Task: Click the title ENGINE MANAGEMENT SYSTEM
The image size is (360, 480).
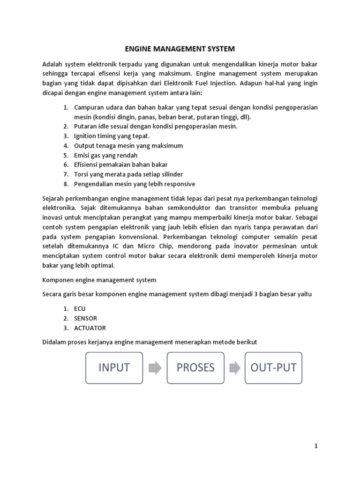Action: pyautogui.click(x=180, y=48)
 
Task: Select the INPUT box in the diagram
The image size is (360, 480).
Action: pyautogui.click(x=114, y=367)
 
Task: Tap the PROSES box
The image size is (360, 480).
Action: pyautogui.click(x=195, y=367)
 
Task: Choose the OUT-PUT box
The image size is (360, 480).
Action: pyautogui.click(x=274, y=367)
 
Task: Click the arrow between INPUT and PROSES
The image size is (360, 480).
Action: pyautogui.click(x=155, y=368)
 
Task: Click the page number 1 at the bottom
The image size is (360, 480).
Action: pyautogui.click(x=316, y=446)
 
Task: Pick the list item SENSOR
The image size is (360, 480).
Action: pyautogui.click(x=86, y=318)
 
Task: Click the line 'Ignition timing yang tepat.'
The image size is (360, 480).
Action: pyautogui.click(x=112, y=136)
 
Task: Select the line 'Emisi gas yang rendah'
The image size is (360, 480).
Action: pyautogui.click(x=105, y=155)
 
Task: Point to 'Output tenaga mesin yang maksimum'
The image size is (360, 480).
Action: pyautogui.click(x=128, y=146)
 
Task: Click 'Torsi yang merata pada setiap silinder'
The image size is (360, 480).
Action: pyautogui.click(x=129, y=174)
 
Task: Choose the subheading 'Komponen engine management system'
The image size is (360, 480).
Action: pyautogui.click(x=99, y=280)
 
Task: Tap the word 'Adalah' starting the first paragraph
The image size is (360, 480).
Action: pyautogui.click(x=52, y=64)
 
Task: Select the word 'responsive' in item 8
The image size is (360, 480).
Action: pyautogui.click(x=179, y=184)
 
